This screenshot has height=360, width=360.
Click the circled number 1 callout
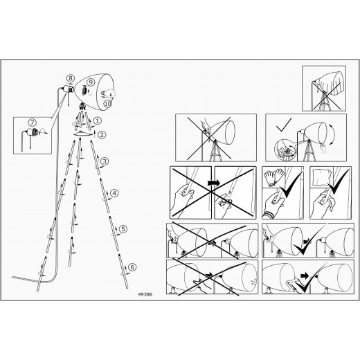click(98, 120)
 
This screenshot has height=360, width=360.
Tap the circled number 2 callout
click(102, 135)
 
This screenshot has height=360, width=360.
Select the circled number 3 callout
click(105, 161)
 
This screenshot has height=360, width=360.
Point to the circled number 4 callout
click(114, 193)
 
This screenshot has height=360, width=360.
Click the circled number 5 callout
click(123, 229)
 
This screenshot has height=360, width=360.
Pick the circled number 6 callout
click(132, 267)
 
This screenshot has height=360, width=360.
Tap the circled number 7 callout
click(33, 123)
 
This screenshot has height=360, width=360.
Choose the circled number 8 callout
click(71, 78)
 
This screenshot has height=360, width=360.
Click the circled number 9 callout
click(91, 82)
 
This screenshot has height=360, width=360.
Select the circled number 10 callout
click(108, 104)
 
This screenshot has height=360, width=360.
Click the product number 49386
click(145, 294)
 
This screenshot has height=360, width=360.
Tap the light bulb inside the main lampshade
click(108, 93)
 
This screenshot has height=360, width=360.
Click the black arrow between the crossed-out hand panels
click(214, 183)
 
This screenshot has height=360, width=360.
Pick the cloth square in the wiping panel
click(322, 177)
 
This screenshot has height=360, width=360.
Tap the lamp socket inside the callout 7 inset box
click(33, 132)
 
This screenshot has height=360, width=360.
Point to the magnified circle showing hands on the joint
click(285, 150)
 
